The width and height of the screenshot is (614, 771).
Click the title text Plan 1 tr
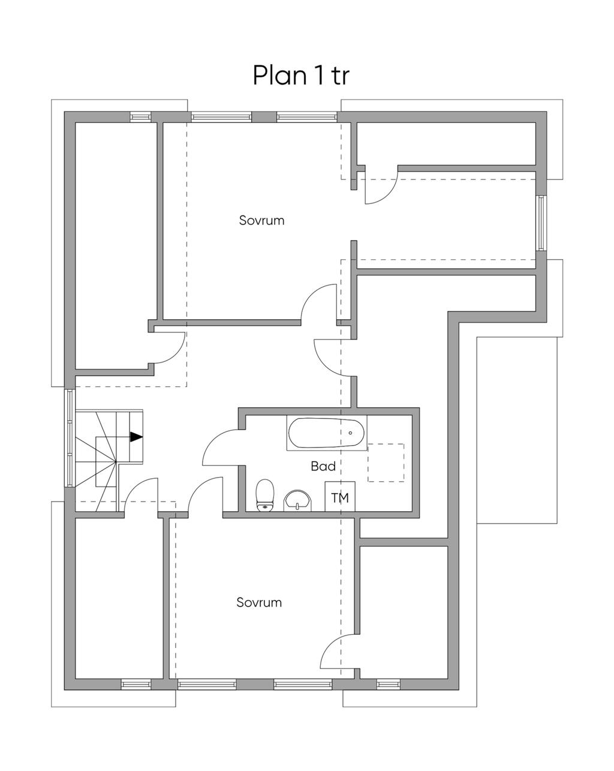300,75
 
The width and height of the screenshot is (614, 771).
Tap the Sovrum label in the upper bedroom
261,220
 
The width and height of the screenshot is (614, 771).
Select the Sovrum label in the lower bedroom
259,602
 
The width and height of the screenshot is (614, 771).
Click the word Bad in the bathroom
323,466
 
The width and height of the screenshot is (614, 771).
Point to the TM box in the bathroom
340,496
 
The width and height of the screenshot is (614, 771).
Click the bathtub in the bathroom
327,433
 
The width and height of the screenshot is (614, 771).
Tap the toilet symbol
265,495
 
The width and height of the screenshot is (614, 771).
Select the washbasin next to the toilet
297,500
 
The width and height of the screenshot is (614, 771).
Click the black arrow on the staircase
136,437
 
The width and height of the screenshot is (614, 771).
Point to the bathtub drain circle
350,433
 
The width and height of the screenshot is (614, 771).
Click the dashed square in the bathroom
386,463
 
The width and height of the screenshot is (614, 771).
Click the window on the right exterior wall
541,223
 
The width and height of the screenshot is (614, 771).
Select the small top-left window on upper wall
140,116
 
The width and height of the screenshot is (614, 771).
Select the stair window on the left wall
70,438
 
